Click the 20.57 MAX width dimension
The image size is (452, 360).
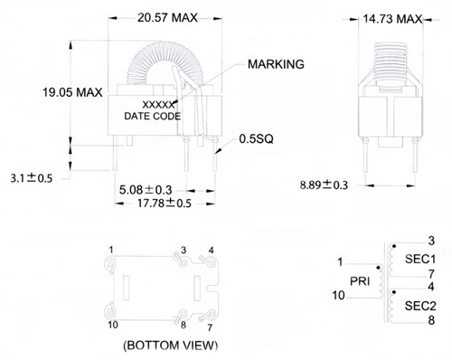click(167, 18)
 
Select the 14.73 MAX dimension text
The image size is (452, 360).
click(392, 19)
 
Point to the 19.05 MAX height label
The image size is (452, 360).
click(72, 92)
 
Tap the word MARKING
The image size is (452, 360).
click(276, 64)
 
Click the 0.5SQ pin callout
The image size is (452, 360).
click(256, 139)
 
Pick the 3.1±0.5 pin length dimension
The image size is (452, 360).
click(32, 178)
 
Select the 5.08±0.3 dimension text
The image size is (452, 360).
click(146, 190)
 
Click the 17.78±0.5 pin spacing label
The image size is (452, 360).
click(165, 204)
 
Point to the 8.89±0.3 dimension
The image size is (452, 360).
click(324, 185)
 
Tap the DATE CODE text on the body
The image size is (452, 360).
click(153, 116)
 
